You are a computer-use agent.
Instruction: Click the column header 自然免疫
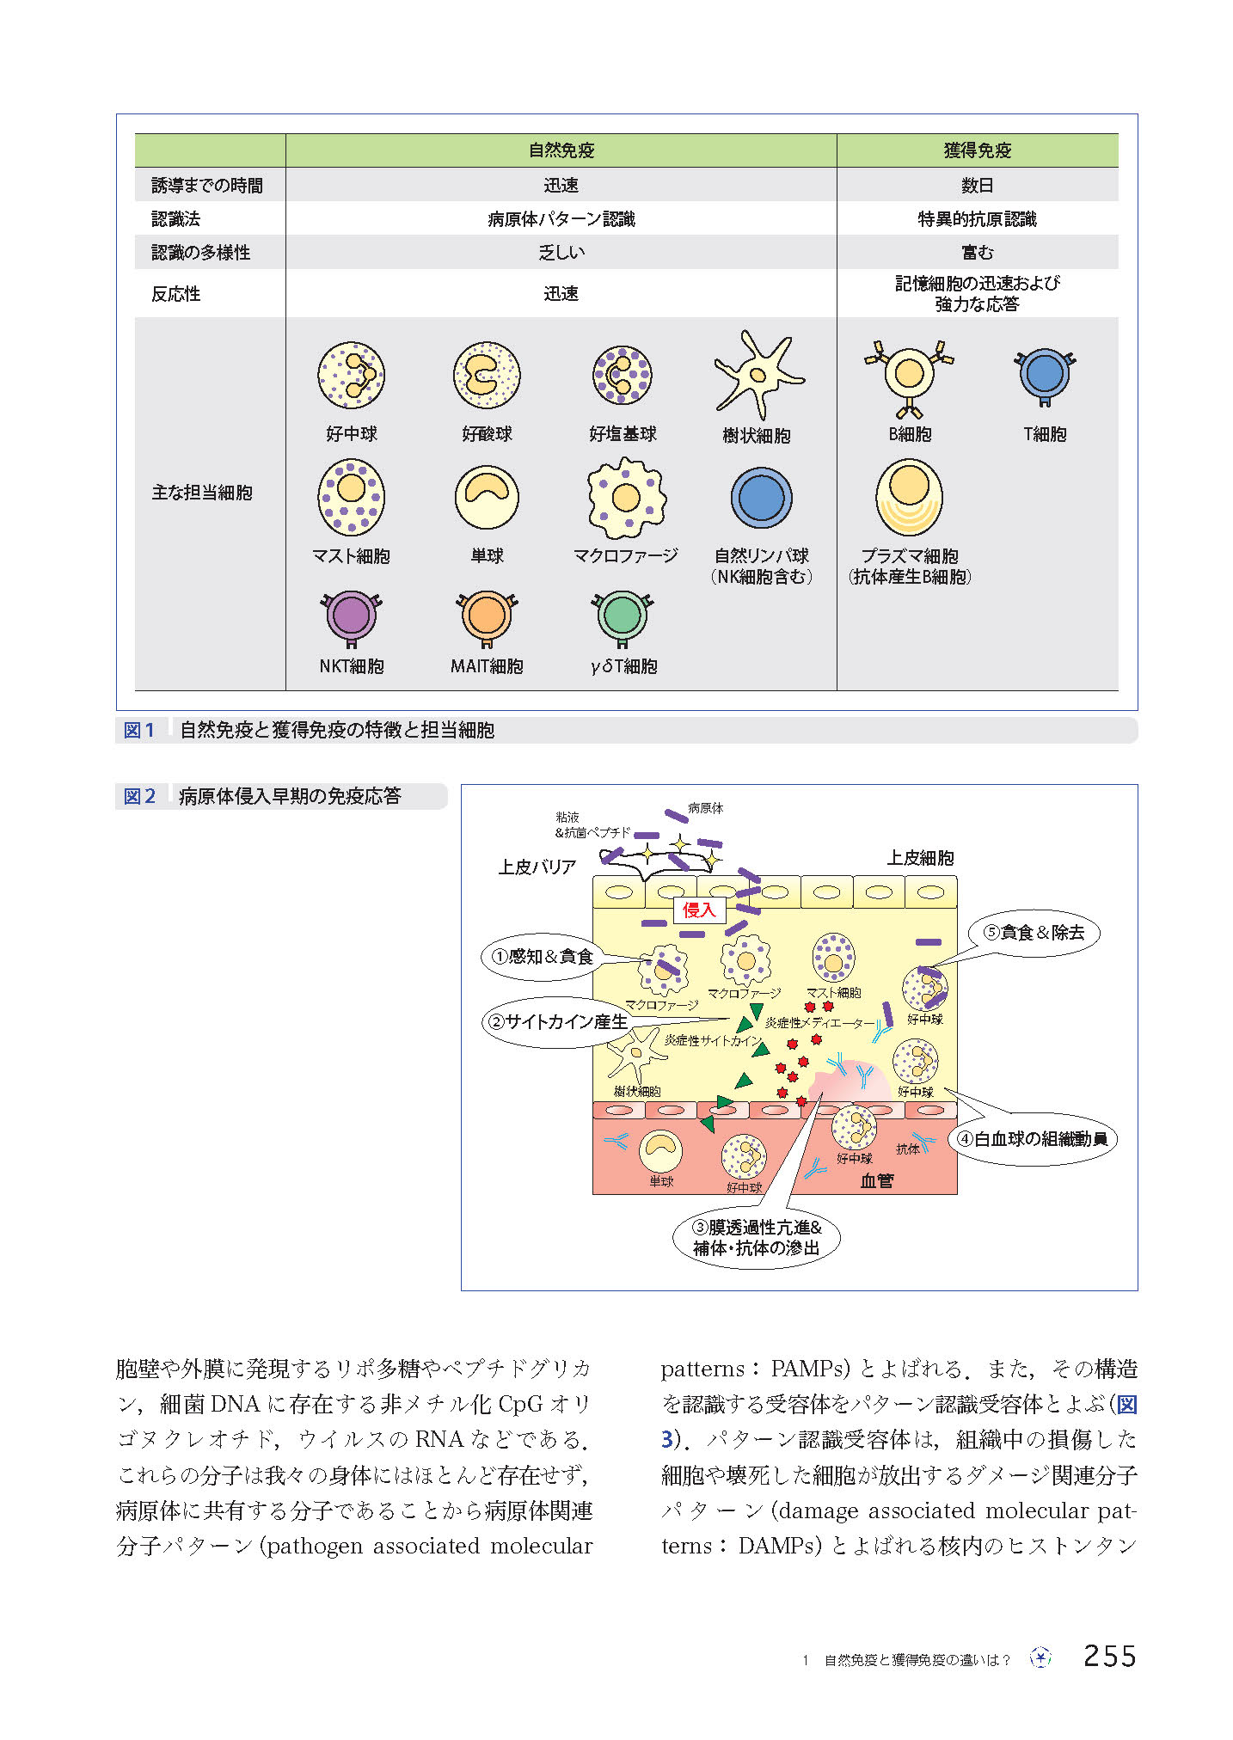coord(561,150)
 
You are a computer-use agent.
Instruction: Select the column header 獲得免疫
coord(977,150)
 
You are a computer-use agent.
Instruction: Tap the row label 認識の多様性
coord(201,253)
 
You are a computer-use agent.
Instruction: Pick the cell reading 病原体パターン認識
coord(561,219)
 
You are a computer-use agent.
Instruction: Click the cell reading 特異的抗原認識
coord(977,219)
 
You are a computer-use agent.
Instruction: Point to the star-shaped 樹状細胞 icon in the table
coord(757,375)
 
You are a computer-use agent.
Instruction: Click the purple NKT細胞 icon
coord(351,616)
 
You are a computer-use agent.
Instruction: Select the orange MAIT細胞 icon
coord(487,616)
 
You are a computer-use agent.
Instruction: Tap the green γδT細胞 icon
coord(623,616)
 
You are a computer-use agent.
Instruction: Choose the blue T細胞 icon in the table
coord(1045,374)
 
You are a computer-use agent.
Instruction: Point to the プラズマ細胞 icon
coord(909,497)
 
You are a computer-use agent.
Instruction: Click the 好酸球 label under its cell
coord(487,434)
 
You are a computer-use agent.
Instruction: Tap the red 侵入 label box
coord(699,910)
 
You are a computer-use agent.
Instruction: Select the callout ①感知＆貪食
coord(542,957)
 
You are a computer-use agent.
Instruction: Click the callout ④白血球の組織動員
coord(1033,1139)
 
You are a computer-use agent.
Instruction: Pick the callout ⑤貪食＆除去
coord(1034,933)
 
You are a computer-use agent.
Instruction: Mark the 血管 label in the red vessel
coord(877,1181)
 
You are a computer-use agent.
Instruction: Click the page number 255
coord(1109,1656)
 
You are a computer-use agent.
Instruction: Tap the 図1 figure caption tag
coord(139,731)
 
